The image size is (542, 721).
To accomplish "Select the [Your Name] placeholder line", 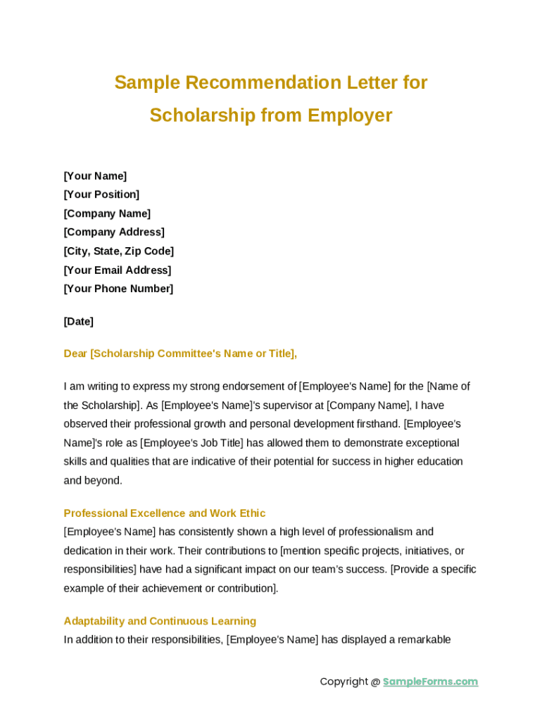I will [x=95, y=176].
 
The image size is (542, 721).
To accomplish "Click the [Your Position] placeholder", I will [x=101, y=194].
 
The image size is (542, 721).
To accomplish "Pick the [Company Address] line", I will [x=114, y=232].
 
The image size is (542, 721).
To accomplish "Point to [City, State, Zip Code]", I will [x=118, y=251].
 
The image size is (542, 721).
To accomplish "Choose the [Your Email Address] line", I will [x=118, y=270].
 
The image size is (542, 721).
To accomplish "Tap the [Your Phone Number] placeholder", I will [x=118, y=289].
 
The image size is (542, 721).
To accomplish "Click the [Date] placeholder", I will [x=78, y=322].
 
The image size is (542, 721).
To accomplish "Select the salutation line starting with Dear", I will [x=180, y=353].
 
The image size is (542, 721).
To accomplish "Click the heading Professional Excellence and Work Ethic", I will [x=165, y=513].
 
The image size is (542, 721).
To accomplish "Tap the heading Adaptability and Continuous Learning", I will [x=160, y=621].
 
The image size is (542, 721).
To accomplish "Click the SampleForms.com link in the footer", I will [x=430, y=682].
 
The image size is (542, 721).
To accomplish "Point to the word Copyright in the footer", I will [x=344, y=682].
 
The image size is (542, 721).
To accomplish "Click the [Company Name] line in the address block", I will [x=107, y=213].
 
